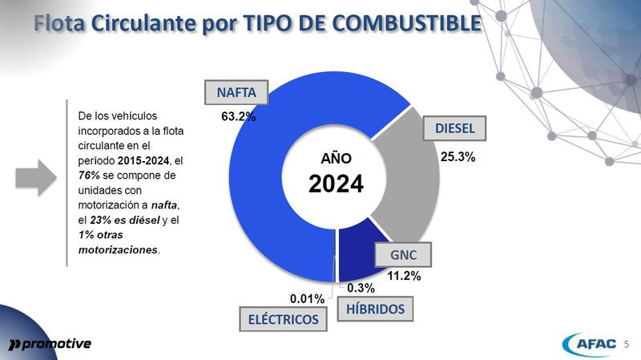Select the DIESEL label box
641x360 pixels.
pos(454,128)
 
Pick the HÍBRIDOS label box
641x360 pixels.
pos(375,309)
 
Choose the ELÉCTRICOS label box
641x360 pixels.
pos(284,320)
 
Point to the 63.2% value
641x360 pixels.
pos(238,117)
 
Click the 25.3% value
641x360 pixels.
pos(458,157)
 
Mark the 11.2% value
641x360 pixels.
pos(404,276)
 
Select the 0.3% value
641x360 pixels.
pos(361,288)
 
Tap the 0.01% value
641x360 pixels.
pos(307,298)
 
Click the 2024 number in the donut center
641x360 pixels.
pos(337,184)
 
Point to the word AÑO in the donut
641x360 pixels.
pos(337,157)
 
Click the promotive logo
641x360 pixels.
pos(50,344)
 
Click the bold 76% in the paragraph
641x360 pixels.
pos(88,174)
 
